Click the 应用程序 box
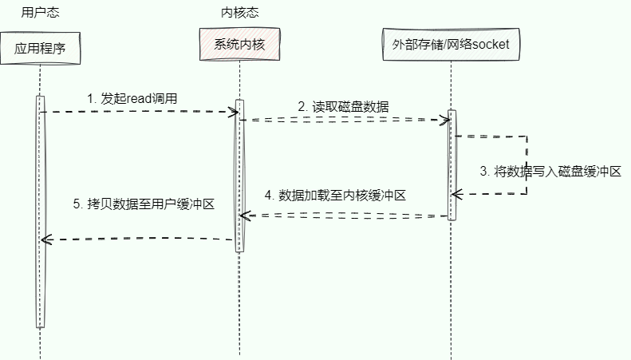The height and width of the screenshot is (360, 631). (x=40, y=48)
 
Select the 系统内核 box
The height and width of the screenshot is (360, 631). (x=239, y=44)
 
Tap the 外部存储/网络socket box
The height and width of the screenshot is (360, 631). (x=451, y=44)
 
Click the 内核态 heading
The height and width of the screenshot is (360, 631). (x=239, y=12)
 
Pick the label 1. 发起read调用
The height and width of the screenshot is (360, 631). (x=132, y=98)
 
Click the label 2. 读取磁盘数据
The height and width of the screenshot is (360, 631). (x=344, y=106)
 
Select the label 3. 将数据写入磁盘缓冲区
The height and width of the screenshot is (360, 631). (x=550, y=171)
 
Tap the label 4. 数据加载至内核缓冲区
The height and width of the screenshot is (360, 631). (x=337, y=195)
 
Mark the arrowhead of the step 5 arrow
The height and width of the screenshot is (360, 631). (x=45, y=239)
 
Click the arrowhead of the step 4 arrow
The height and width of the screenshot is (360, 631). (x=244, y=216)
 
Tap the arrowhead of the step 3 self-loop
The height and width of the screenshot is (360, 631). (x=455, y=194)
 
